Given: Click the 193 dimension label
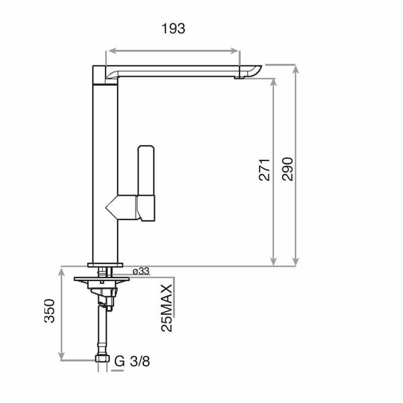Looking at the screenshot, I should pyautogui.click(x=173, y=29).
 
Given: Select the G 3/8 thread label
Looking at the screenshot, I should pyautogui.click(x=132, y=361).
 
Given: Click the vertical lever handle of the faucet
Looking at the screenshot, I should pyautogui.click(x=146, y=171).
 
